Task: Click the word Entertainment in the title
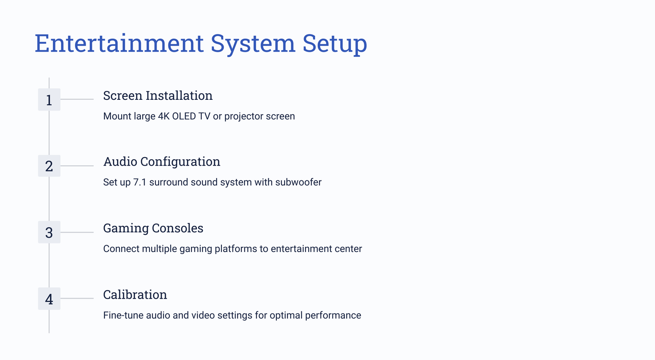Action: click(119, 43)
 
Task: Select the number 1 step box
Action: click(49, 100)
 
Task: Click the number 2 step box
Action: click(49, 166)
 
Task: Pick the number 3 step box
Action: click(49, 232)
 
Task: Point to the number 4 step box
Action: click(49, 299)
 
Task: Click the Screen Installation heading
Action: click(158, 96)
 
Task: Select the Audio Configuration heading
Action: click(162, 162)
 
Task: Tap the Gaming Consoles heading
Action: click(153, 228)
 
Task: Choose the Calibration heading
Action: click(135, 295)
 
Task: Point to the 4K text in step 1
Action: click(164, 116)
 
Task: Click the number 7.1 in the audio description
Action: click(140, 182)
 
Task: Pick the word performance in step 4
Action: click(333, 315)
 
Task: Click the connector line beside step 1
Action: click(77, 99)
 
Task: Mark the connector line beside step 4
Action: click(77, 298)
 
